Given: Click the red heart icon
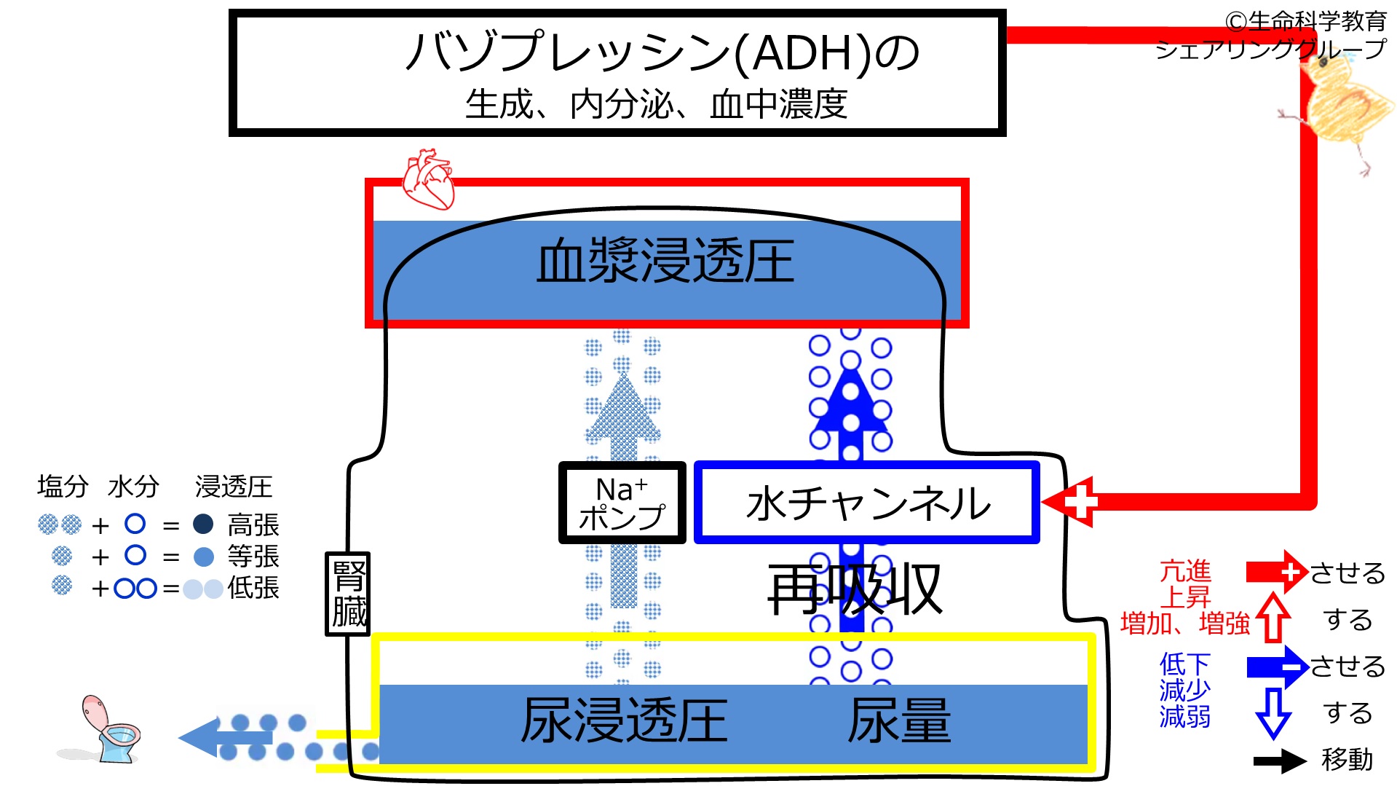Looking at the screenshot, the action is pos(429,179).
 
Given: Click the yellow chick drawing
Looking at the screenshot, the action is pos(1336,109).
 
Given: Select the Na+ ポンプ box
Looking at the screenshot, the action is pos(622,503).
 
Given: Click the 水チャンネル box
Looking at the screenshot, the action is pos(867,503).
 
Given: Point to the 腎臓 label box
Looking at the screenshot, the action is pos(348,594).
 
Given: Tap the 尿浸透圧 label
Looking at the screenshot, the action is pos(625,720).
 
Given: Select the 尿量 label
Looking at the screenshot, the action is pos(900,720).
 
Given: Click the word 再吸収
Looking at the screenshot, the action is pos(855,589).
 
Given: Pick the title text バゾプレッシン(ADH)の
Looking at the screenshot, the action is pos(662,52).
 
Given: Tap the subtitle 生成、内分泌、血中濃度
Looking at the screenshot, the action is pos(657,104).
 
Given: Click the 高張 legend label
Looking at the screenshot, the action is pos(253,524).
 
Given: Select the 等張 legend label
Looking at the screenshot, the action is pos(253,557).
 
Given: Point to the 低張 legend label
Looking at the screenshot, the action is pos(253,588).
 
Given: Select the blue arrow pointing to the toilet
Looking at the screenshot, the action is pos(226,738).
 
